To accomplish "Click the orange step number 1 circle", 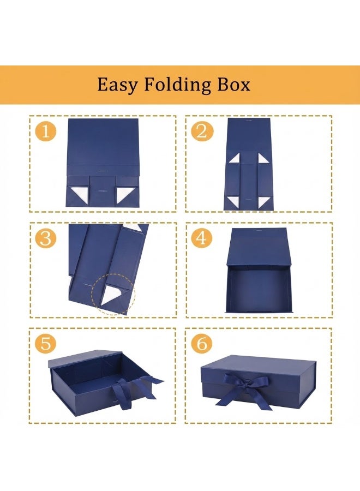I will (x=46, y=132).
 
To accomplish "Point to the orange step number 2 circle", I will (x=202, y=132).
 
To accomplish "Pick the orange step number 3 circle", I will (x=46, y=238).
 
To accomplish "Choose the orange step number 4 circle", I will (x=202, y=238).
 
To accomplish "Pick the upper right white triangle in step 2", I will (x=263, y=159).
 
